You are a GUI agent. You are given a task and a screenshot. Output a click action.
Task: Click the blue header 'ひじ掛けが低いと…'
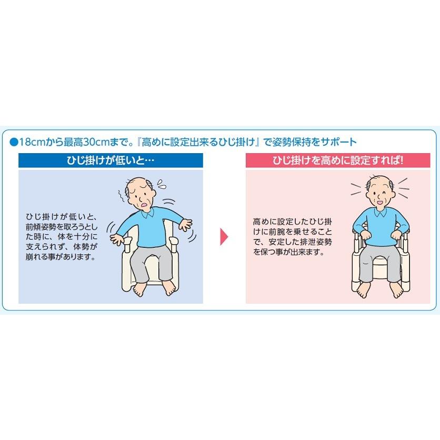pos(111,161)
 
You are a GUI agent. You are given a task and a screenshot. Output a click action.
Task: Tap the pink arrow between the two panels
pos(225,236)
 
